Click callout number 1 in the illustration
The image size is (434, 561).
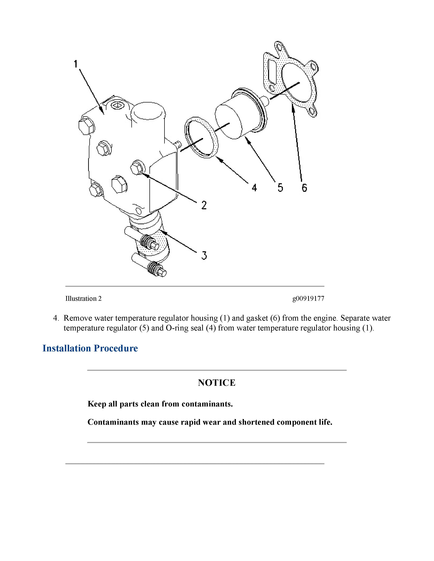click(x=76, y=64)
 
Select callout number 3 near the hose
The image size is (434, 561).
click(x=204, y=255)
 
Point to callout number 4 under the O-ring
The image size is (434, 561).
click(x=254, y=188)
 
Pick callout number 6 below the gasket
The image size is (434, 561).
click(x=304, y=188)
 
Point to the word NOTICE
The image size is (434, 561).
click(x=217, y=383)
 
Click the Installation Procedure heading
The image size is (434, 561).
click(x=90, y=348)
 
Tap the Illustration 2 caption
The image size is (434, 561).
click(x=83, y=299)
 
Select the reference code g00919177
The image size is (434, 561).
click(x=308, y=299)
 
